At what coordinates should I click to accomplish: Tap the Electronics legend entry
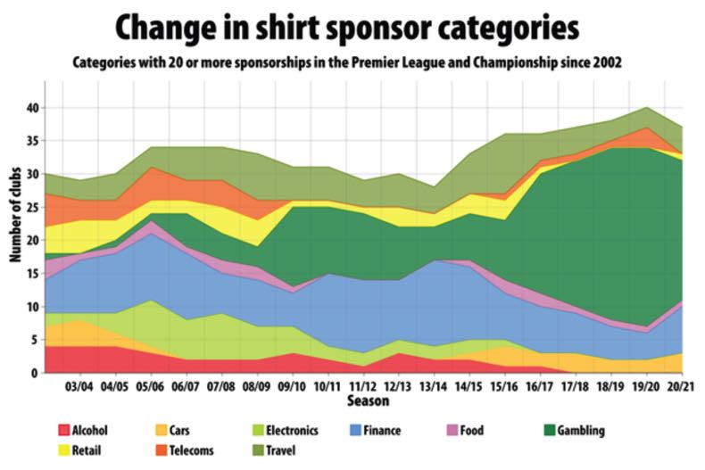click(x=291, y=431)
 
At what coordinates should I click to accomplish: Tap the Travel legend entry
click(x=292, y=450)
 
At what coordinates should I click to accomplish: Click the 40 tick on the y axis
click(x=32, y=108)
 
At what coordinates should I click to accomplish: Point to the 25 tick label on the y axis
click(x=32, y=207)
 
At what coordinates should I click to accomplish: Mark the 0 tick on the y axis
click(x=36, y=373)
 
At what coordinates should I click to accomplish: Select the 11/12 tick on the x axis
click(x=361, y=389)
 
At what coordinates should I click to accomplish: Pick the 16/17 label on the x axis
click(x=539, y=389)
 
